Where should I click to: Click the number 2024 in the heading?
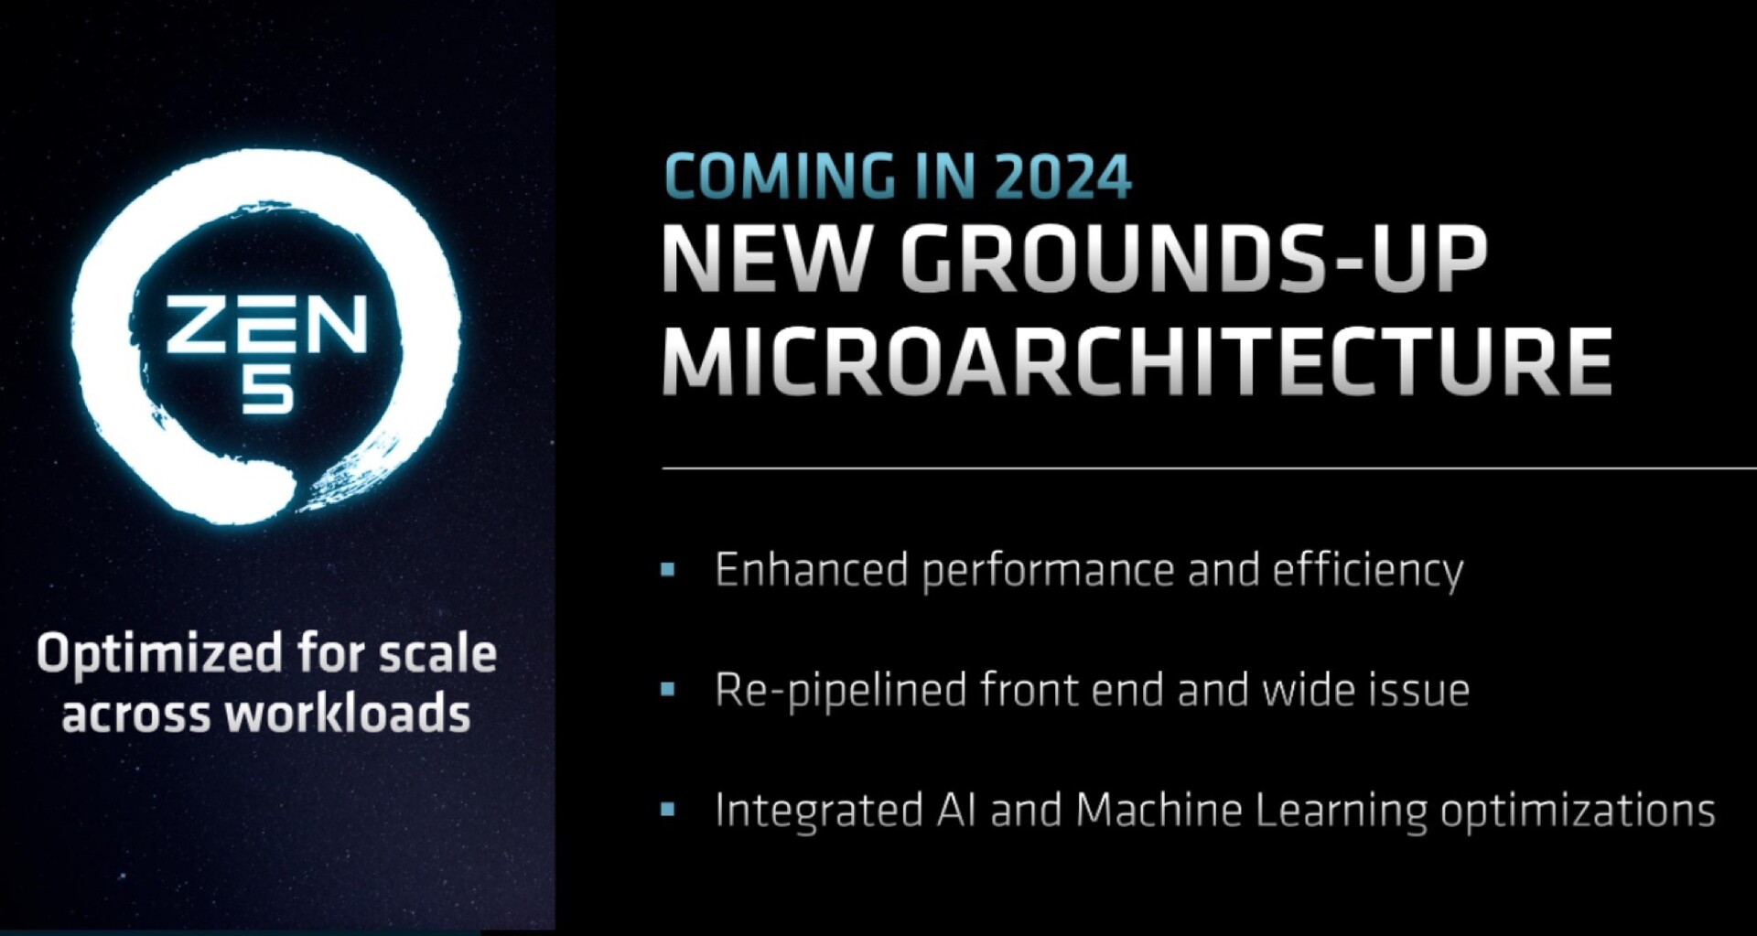coord(1062,177)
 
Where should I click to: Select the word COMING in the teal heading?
coord(781,177)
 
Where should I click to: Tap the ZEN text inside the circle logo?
coord(266,326)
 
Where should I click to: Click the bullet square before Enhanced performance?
coord(668,570)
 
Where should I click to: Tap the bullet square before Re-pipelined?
coord(668,689)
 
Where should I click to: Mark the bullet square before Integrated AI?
coord(668,809)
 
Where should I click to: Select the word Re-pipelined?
coord(841,691)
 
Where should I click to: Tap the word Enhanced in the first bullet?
coord(812,570)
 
